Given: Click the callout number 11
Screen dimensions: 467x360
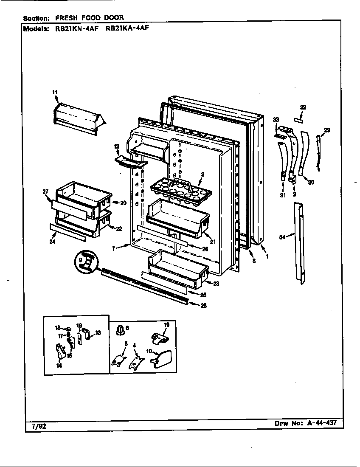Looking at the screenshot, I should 55,92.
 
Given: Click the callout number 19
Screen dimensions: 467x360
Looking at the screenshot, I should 166,324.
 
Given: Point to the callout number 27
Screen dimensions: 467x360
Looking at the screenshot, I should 46,191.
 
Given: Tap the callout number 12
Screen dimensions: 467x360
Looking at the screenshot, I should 116,146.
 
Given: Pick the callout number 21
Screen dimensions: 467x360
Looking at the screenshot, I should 213,242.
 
